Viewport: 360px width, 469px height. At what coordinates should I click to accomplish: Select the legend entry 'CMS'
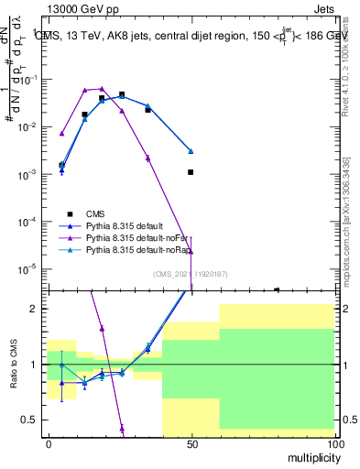(x=108, y=213)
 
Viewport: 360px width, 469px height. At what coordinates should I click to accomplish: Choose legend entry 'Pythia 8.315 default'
(x=137, y=225)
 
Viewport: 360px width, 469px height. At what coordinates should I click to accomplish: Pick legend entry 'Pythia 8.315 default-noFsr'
(x=147, y=237)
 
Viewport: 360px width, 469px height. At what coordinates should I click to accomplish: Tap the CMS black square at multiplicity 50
(x=191, y=172)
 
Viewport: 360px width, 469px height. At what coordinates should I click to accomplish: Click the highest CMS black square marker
(x=122, y=94)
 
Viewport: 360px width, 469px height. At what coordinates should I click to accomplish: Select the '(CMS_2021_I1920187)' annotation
(x=191, y=274)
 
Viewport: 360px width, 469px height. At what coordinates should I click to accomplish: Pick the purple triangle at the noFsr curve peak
(x=103, y=89)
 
